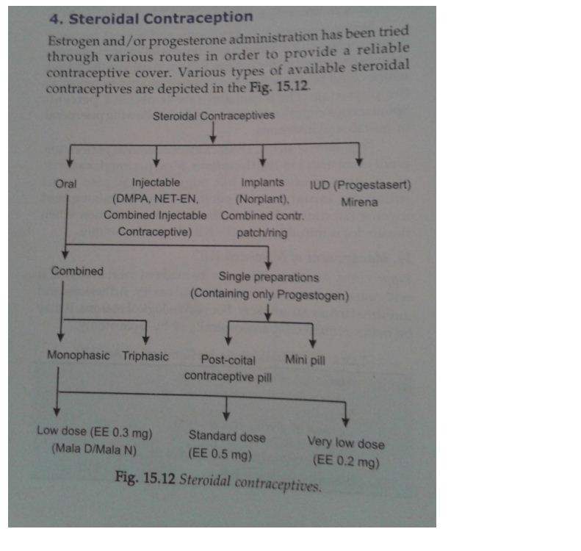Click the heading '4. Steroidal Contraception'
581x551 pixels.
tap(151, 18)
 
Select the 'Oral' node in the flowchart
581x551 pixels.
tap(65, 184)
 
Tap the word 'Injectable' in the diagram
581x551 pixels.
tap(156, 182)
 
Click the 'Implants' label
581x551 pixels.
tap(262, 182)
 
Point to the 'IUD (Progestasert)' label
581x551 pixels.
tap(360, 185)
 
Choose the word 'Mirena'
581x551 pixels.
tap(359, 202)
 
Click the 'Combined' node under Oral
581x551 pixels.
tap(77, 271)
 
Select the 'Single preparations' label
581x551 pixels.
tap(269, 277)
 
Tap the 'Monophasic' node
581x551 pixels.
tap(78, 355)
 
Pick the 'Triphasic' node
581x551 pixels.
tap(145, 356)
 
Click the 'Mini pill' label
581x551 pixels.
tap(305, 360)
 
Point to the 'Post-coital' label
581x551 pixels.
tap(228, 360)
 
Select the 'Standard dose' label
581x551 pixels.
tap(227, 436)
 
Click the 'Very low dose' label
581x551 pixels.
tap(346, 443)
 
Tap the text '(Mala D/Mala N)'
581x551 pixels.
tap(94, 450)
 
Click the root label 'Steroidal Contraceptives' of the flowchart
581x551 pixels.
tap(214, 116)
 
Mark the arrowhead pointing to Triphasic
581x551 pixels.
tap(146, 340)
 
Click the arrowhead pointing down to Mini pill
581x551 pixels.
tap(313, 344)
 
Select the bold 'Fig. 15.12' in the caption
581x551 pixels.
tap(145, 478)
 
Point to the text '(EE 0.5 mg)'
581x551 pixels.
tap(220, 453)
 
